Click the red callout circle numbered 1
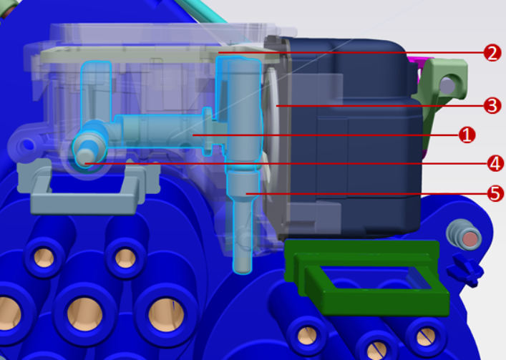click(x=467, y=135)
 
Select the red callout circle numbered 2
click(x=492, y=53)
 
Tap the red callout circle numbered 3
click(x=492, y=106)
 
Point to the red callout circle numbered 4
click(x=496, y=164)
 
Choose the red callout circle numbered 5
click(x=496, y=193)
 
